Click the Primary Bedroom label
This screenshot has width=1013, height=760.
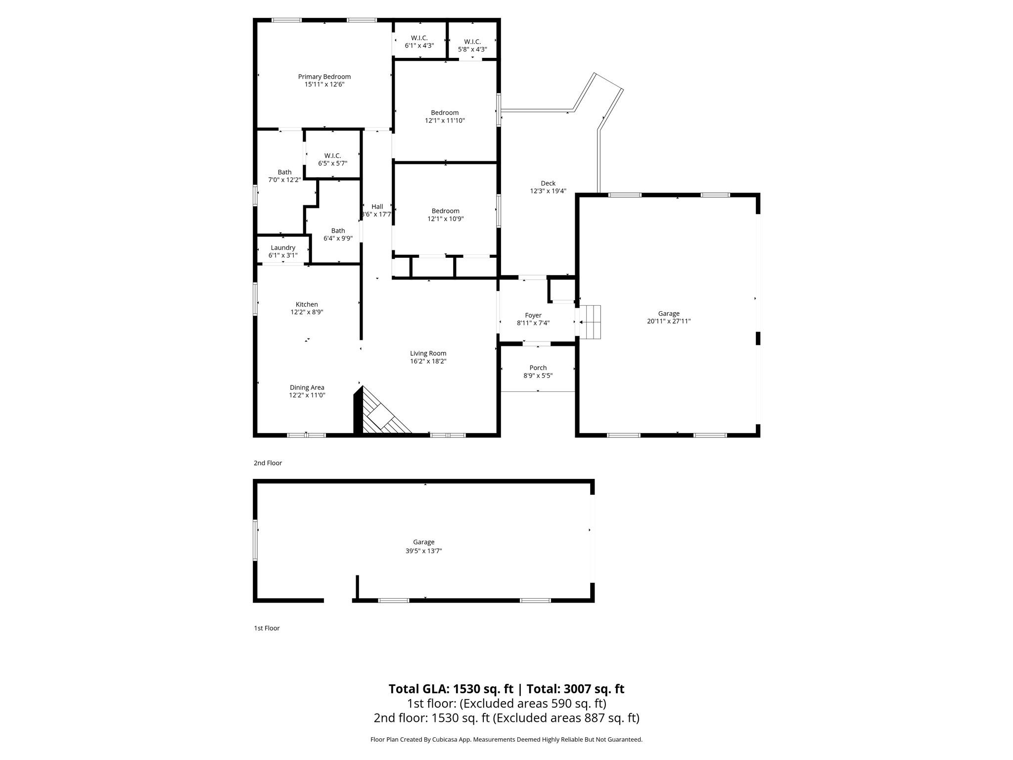tap(324, 77)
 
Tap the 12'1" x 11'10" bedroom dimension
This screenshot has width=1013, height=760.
tap(445, 121)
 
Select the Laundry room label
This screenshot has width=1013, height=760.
tap(283, 248)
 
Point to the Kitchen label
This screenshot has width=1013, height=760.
tap(307, 304)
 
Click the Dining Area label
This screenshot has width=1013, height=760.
tap(307, 387)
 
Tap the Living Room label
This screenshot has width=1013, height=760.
tap(428, 353)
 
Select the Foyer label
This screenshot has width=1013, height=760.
tap(533, 315)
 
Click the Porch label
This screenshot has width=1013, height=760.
tap(538, 368)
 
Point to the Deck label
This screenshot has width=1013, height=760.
tap(548, 183)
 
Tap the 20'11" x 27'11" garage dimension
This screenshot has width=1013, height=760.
tap(669, 321)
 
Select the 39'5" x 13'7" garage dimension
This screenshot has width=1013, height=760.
tap(423, 551)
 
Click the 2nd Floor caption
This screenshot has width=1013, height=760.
tap(268, 463)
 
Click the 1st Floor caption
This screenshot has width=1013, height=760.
tap(267, 628)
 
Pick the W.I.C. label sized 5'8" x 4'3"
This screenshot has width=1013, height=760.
tap(472, 42)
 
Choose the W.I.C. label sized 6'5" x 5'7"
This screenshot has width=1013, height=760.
tap(332, 155)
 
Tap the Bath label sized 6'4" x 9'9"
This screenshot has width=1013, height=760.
tap(338, 231)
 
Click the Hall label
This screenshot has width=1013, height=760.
tap(377, 207)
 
